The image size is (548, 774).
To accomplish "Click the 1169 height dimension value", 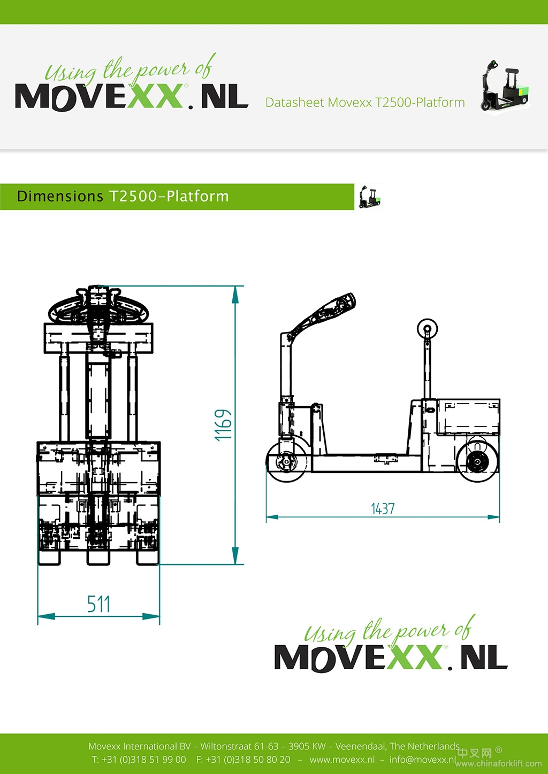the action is click(x=223, y=425).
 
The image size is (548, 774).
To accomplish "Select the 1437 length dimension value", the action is click(x=383, y=509).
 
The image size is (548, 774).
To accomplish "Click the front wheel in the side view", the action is click(x=287, y=461).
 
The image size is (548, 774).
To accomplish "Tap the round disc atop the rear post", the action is click(x=427, y=329).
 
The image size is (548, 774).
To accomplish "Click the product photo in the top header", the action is click(x=505, y=86).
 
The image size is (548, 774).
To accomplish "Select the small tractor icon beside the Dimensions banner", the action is click(x=369, y=197).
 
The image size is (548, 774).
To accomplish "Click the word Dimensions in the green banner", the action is click(x=60, y=196).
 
